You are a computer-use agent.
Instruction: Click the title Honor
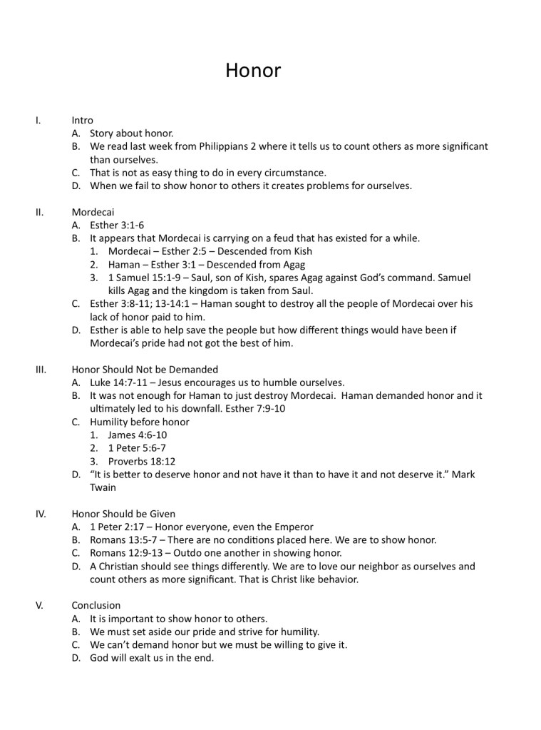click(x=253, y=71)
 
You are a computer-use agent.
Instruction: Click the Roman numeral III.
click(x=41, y=370)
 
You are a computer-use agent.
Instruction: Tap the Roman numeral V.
click(x=39, y=605)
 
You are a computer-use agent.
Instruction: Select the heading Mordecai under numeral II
click(x=93, y=213)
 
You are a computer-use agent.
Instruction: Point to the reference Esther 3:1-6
click(x=116, y=225)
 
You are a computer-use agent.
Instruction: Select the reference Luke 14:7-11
click(x=118, y=382)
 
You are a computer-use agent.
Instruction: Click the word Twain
click(x=103, y=487)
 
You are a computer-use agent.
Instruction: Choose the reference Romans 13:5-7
click(x=121, y=539)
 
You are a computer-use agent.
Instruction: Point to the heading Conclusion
click(x=96, y=605)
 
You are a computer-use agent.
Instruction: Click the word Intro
click(x=83, y=120)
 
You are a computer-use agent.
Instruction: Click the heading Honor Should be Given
click(x=123, y=514)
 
